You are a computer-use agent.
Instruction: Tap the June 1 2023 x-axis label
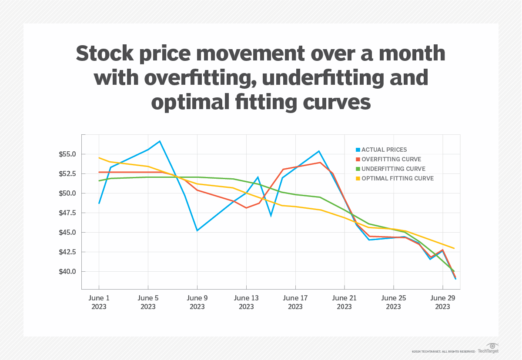[99, 302]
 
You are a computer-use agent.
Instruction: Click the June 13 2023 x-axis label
[246, 302]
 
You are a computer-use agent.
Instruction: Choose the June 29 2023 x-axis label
[442, 302]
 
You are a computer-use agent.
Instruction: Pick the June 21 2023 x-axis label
[344, 302]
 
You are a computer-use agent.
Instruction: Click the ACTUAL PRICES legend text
[384, 150]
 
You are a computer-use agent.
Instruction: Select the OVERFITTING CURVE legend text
[391, 159]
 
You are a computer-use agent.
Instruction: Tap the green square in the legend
[358, 169]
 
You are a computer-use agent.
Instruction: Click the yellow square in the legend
[358, 178]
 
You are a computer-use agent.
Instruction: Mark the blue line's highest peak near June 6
[160, 141]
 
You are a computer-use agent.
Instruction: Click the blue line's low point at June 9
[197, 230]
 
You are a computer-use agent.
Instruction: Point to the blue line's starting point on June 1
[99, 203]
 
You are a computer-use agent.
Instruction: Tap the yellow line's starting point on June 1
[99, 158]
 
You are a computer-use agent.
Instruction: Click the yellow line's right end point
[454, 248]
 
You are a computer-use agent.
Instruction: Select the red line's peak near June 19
[320, 163]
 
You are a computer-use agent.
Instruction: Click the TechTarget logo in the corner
[488, 351]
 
